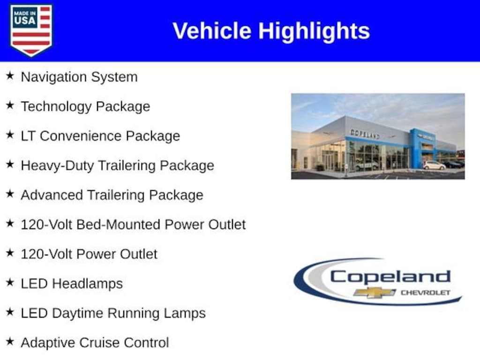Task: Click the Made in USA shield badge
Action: click(31, 30)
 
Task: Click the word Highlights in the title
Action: click(314, 31)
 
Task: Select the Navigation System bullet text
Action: click(79, 77)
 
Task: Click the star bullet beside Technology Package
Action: click(10, 105)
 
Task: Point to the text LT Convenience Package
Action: click(100, 136)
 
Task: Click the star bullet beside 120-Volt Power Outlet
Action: click(10, 253)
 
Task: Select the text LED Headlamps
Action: click(72, 284)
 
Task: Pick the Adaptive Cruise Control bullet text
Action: click(95, 343)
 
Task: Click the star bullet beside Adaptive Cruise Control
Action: click(10, 342)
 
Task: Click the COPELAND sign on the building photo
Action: click(365, 134)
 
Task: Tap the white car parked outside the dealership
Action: click(434, 165)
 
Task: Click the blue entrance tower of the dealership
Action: click(417, 149)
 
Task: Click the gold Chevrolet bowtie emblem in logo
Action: click(375, 292)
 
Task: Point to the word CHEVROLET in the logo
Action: click(425, 292)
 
